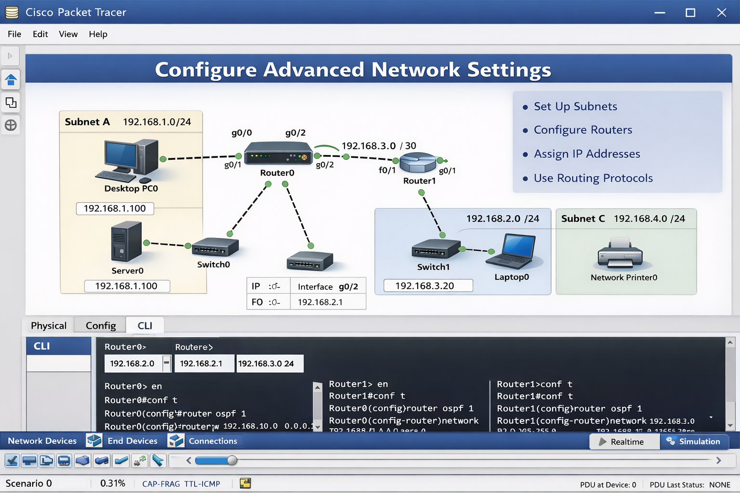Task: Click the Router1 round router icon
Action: tap(418, 163)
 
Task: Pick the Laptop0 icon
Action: tap(512, 251)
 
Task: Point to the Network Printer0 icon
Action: tap(620, 253)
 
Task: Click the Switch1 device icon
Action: tap(436, 249)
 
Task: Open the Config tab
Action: tap(101, 326)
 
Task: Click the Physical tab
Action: tap(49, 326)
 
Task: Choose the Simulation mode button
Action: tap(694, 441)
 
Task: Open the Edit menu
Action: tap(40, 34)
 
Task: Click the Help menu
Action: tap(98, 34)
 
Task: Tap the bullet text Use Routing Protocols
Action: tap(593, 178)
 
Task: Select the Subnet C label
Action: tap(583, 219)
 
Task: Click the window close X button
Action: tap(721, 13)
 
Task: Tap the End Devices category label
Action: tap(132, 441)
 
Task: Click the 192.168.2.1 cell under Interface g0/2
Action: tap(320, 302)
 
